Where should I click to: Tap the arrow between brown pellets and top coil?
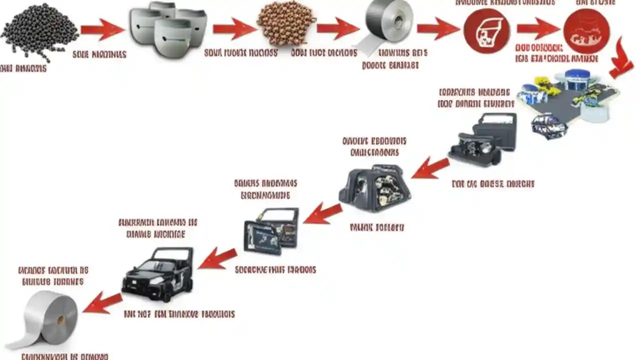tap(337, 29)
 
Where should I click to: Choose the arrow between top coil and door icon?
tap(437, 29)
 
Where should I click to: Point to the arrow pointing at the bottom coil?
tap(102, 303)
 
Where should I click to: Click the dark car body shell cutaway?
tap(375, 188)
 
